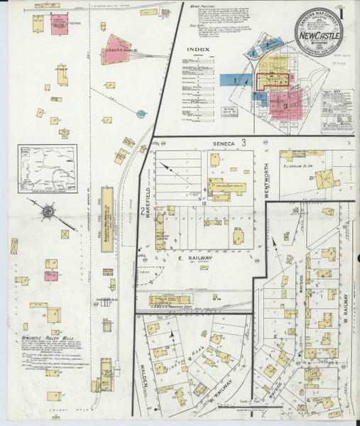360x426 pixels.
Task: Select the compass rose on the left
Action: (48, 210)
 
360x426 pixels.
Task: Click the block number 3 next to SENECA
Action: (243, 143)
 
